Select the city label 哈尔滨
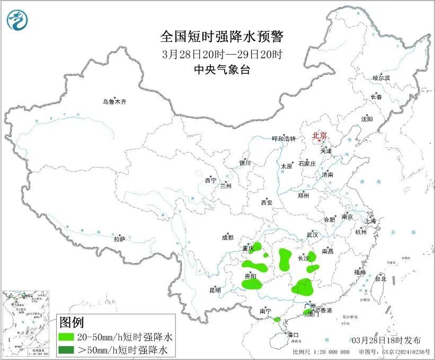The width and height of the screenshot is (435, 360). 381,78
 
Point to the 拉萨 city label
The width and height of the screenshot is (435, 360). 119,239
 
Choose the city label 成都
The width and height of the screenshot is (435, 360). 227,238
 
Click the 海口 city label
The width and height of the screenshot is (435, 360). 294,335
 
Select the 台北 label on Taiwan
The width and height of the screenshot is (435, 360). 380,278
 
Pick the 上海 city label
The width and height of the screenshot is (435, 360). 370,221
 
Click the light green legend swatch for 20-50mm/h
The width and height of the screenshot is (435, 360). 67,337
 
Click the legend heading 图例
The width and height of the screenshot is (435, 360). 71,322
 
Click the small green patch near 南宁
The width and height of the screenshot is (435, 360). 277,320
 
